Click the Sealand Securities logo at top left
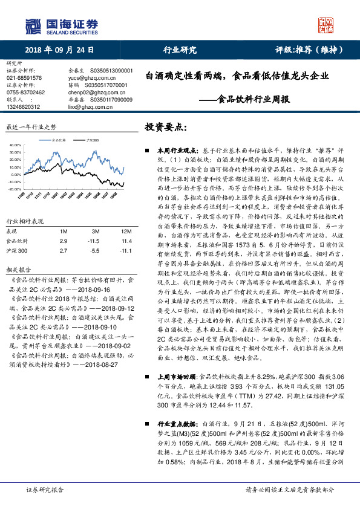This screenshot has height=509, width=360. [61, 25]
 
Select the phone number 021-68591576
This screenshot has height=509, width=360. [24, 78]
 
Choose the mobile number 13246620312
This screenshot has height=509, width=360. [24, 106]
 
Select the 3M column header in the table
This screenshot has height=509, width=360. [95, 231]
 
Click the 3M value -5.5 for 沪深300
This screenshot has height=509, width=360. [94, 250]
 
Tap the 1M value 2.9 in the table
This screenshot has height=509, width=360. [64, 241]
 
